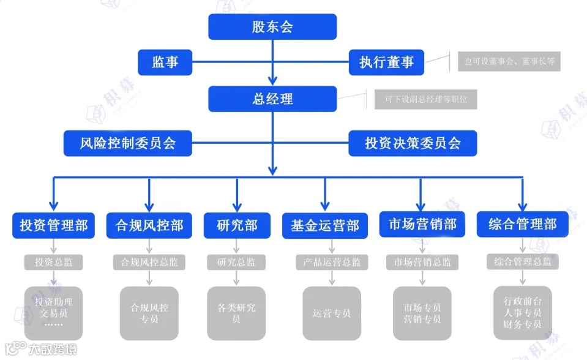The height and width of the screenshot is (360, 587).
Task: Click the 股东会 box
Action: point(272,27)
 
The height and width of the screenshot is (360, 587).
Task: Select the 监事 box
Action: point(165,62)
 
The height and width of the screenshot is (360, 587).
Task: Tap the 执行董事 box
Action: point(386,62)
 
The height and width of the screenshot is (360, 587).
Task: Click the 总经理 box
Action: point(272,99)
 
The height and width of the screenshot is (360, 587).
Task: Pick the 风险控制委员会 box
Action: point(128,143)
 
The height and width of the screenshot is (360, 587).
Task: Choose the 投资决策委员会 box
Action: point(413,143)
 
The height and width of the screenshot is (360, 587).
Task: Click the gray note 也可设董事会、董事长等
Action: point(509,61)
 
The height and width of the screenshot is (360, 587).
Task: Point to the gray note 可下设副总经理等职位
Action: point(425,99)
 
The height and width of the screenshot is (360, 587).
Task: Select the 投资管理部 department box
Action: point(54,225)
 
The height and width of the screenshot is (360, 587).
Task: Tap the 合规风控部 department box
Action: point(149,225)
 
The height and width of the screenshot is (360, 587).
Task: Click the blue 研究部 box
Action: point(236,225)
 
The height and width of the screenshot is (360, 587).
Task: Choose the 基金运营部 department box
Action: point(324,225)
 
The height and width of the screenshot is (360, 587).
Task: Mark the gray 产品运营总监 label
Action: point(332,262)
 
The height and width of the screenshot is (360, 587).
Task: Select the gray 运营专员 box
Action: point(332,313)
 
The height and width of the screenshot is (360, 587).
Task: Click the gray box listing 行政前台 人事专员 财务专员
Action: point(522,313)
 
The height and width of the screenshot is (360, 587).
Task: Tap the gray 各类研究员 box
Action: point(236,313)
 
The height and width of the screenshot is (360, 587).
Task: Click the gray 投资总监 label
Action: point(54,262)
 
